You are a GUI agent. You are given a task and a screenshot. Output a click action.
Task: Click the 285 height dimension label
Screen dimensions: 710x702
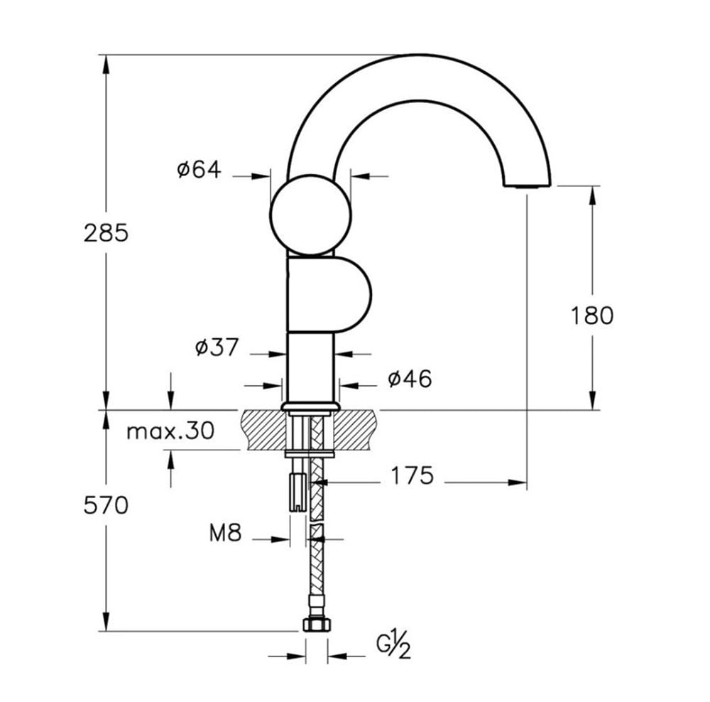[x=106, y=233]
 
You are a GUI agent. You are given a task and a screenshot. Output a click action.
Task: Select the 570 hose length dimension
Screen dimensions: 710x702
[x=106, y=505]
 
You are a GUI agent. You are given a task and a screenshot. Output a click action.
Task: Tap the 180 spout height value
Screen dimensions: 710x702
[x=592, y=315]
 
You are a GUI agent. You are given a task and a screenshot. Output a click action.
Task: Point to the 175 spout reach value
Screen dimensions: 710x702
[x=412, y=475]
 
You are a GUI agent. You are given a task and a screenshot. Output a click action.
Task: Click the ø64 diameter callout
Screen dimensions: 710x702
[x=200, y=170]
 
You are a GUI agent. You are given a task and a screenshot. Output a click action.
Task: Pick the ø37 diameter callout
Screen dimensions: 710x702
[x=217, y=347]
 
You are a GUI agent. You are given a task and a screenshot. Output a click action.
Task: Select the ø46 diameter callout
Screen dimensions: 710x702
[x=410, y=379]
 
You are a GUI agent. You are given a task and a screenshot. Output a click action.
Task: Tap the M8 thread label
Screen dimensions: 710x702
[x=226, y=532]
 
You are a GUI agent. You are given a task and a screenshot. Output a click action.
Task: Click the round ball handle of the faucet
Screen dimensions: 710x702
[x=311, y=215]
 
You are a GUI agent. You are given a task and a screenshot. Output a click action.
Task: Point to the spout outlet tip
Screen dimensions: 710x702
[x=528, y=185]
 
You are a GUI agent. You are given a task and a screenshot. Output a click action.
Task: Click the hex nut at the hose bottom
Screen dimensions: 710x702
[x=317, y=625]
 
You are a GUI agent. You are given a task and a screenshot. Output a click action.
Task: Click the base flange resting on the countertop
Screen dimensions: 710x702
[x=311, y=406]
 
